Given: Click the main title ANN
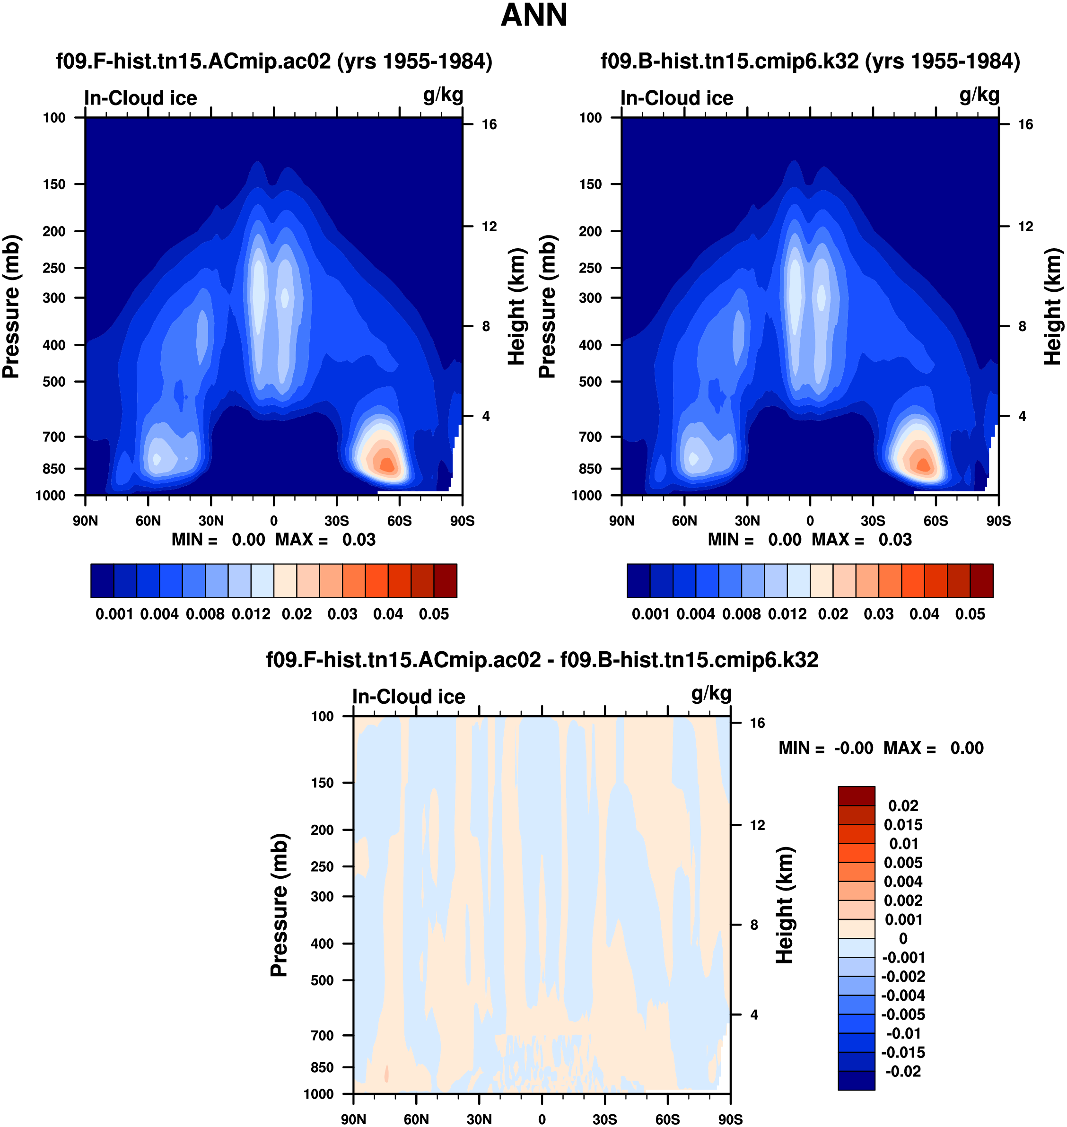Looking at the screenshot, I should point(533,15).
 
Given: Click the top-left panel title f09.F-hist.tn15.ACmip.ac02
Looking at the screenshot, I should point(273,61).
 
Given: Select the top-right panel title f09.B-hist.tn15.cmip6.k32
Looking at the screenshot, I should point(810,61).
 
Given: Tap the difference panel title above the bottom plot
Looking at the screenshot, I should point(542,660).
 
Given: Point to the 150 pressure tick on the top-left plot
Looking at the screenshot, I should point(54,184).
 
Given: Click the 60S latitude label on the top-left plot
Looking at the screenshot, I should point(399,521).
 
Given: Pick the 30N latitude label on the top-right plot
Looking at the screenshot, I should point(747,521).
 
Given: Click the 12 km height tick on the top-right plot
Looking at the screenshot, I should point(1025,227).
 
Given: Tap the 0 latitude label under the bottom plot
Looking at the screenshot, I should point(542,1119).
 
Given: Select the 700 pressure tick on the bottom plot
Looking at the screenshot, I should point(322,1035).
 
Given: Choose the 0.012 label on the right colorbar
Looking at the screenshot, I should point(787,615).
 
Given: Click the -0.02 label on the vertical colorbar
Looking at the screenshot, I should point(903,1071).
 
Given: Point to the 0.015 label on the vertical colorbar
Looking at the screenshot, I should point(903,825).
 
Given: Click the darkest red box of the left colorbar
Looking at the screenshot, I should point(446,581).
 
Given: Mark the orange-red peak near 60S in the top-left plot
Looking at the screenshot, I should point(387,464).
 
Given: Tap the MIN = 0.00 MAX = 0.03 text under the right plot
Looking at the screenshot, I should point(809,540).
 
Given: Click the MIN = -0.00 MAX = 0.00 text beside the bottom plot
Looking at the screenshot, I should point(881,748).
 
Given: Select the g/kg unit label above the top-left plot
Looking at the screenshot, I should point(443,96).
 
